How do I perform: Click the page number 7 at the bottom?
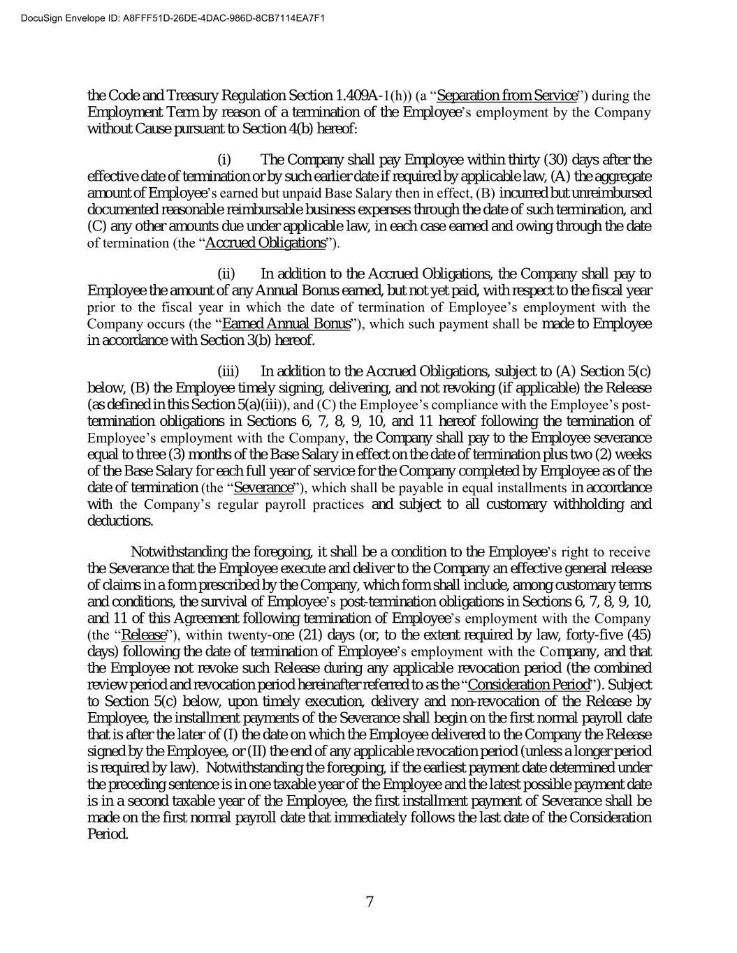pos(370,901)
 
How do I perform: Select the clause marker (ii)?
pos(227,274)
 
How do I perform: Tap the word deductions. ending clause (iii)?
pos(119,521)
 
